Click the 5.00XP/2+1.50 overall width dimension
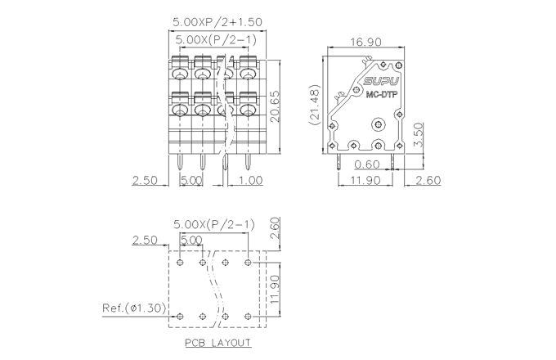[x=217, y=22]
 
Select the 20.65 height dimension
[x=276, y=105]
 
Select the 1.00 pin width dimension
[x=250, y=179]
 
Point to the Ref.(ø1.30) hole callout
[x=134, y=308]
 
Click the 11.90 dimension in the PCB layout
[x=276, y=289]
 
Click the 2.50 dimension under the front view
[x=145, y=179]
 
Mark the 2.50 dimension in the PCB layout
[x=145, y=240]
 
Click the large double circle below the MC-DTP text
[x=378, y=125]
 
